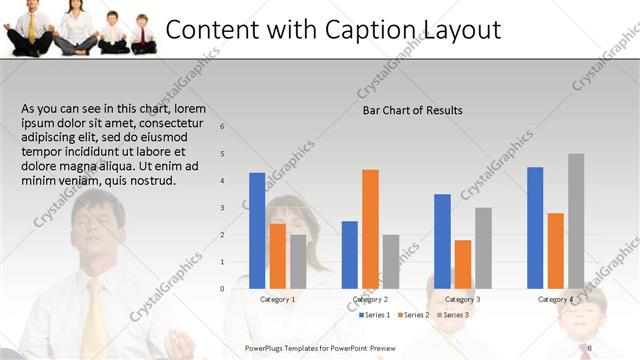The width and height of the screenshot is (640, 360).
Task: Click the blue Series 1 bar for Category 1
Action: pyautogui.click(x=257, y=231)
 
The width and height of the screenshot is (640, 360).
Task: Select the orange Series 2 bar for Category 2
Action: pyautogui.click(x=370, y=229)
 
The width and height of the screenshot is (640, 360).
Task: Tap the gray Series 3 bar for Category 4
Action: pyautogui.click(x=576, y=221)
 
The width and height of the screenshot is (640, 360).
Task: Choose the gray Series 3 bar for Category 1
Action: pyautogui.click(x=298, y=261)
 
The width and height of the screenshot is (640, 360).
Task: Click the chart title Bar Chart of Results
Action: pyautogui.click(x=412, y=110)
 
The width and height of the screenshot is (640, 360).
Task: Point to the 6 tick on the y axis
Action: pyautogui.click(x=222, y=127)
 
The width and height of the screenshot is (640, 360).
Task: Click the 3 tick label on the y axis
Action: pyautogui.click(x=222, y=208)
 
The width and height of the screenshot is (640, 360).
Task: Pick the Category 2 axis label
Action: pyautogui.click(x=370, y=299)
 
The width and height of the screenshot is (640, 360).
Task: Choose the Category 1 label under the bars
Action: pyautogui.click(x=277, y=299)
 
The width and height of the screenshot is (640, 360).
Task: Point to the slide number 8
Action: pyautogui.click(x=591, y=347)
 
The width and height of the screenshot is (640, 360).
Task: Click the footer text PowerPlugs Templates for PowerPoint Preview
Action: pyautogui.click(x=320, y=347)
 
